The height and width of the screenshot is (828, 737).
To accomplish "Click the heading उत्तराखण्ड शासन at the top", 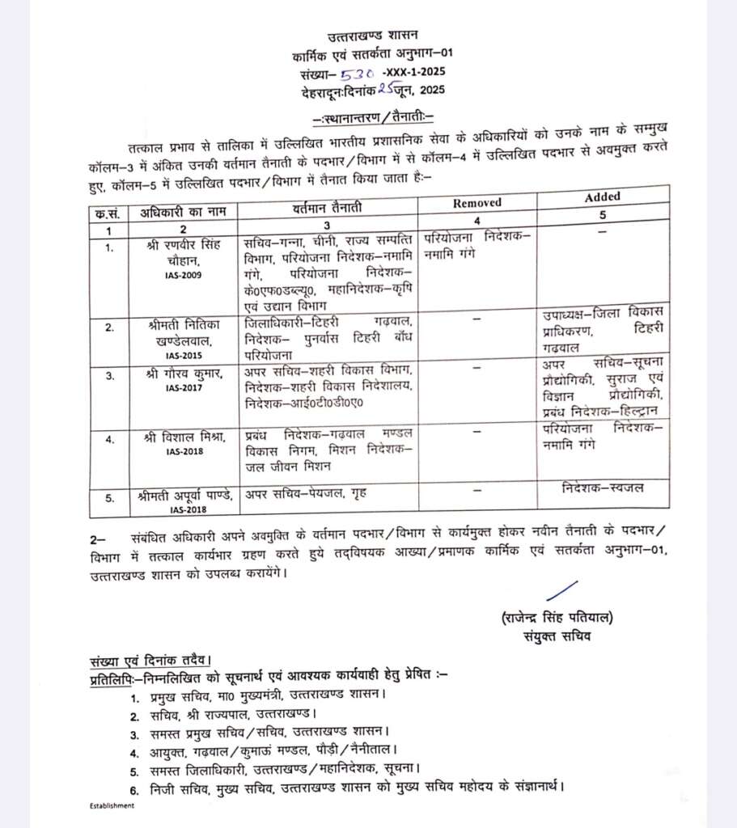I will coord(373,36).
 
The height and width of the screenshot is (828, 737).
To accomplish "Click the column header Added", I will coord(602,196).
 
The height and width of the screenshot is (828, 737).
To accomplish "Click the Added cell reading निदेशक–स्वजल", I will coord(602,488).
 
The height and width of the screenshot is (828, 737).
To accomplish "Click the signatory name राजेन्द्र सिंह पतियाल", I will coord(557,619).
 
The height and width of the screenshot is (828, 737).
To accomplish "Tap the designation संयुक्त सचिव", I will coord(557,636).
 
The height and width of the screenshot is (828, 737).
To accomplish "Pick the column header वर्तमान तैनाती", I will coord(327,209).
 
